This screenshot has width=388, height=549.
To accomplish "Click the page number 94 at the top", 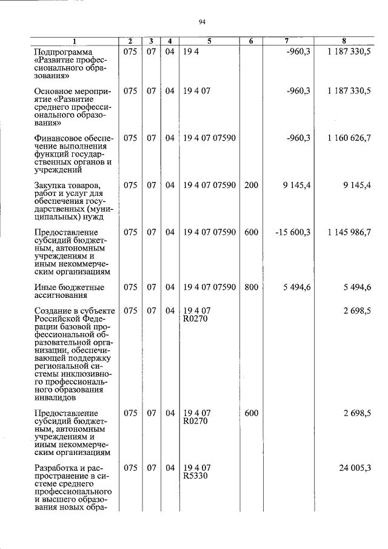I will tap(202, 22).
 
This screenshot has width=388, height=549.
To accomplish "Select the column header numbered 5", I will tap(209, 41).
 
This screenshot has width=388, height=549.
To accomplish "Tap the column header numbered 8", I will tap(344, 41).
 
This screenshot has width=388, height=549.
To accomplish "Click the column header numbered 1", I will tap(74, 41).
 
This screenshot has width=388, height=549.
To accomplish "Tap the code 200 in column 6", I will tap(251, 185).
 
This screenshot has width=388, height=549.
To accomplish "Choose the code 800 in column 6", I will tap(251, 287).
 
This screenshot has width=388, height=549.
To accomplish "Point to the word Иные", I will tap(45, 287).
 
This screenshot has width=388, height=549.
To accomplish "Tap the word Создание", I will tap(53, 311).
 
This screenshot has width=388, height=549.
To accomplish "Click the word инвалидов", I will tap(55, 399).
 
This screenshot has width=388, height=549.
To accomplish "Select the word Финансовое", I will tap(58, 138).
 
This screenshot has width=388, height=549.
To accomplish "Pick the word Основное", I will tap(53, 91).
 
